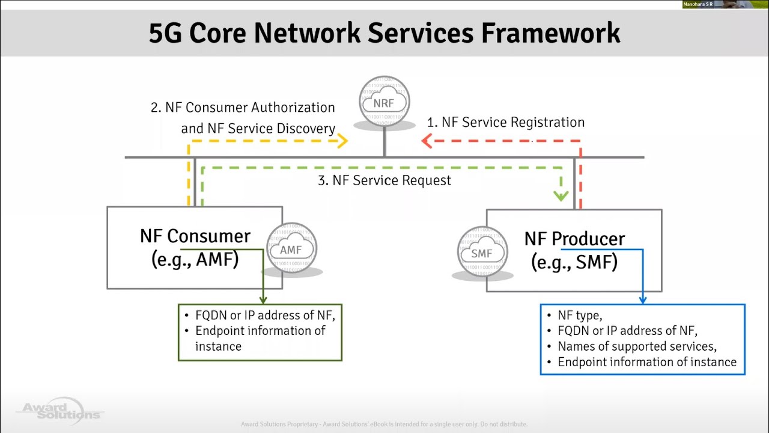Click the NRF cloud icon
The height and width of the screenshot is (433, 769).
tap(384, 102)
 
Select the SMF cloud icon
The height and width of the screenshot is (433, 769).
tap(482, 253)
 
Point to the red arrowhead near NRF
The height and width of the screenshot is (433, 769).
tap(427, 141)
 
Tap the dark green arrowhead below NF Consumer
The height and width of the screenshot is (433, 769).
tap(263, 299)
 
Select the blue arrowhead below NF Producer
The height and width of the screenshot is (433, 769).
tap(642, 299)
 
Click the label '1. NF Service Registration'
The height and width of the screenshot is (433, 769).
tap(505, 122)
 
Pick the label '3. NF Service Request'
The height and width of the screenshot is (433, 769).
tap(384, 180)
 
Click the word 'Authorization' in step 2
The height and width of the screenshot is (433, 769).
tap(293, 108)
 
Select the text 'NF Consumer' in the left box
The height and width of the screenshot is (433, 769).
tap(195, 236)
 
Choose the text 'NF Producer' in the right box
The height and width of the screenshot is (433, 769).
tap(574, 239)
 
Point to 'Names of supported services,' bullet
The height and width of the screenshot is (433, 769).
tap(637, 346)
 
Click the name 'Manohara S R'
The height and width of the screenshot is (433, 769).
tap(698, 4)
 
